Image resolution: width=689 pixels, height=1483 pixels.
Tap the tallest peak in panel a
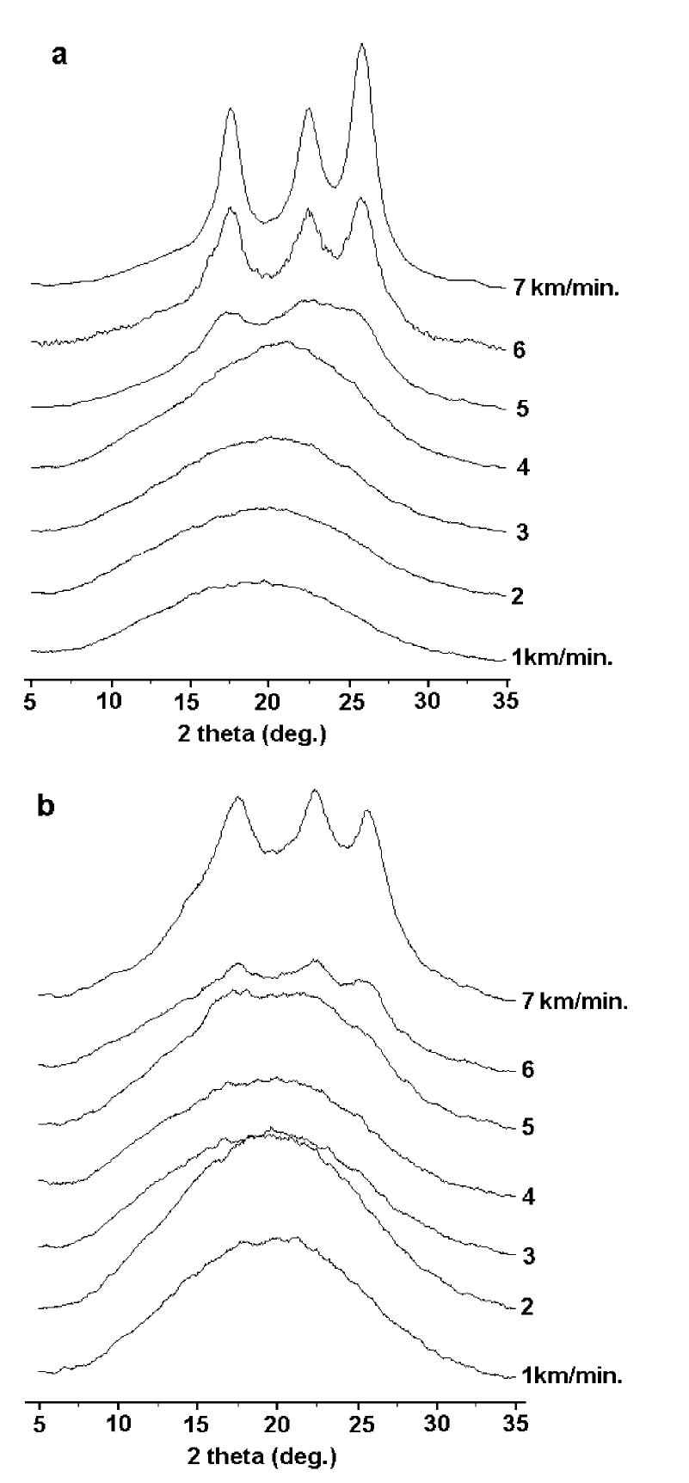362,45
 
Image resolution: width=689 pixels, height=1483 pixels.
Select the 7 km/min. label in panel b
575,1001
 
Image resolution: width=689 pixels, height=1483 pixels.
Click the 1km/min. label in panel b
572,1375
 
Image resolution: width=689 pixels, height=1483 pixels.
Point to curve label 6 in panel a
518,350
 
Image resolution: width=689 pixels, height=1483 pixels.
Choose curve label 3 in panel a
521,533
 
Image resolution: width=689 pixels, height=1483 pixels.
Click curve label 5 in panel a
521,409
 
